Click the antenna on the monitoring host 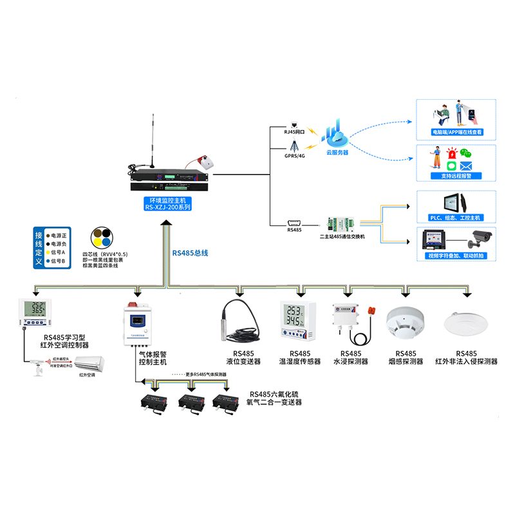click(153, 138)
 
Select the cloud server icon click(337, 135)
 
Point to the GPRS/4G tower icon click(294, 147)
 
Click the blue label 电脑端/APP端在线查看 click(456, 133)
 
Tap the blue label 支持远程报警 click(456, 176)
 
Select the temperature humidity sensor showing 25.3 click(295, 319)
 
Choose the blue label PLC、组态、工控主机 click(456, 218)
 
